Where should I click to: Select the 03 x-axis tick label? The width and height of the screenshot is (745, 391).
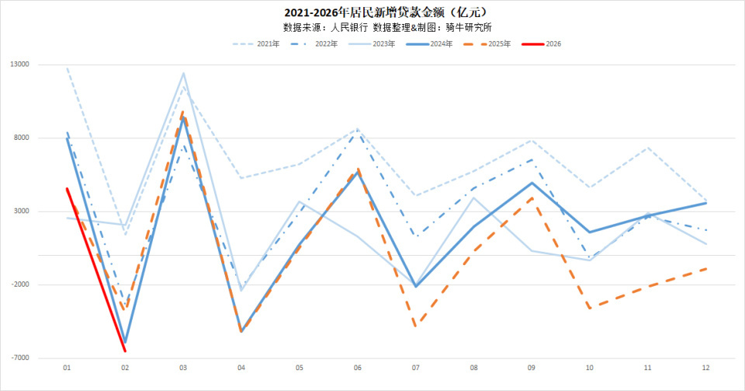[183, 367]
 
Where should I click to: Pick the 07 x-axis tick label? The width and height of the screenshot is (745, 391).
[415, 367]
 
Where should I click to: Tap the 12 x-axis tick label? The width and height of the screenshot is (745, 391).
[705, 367]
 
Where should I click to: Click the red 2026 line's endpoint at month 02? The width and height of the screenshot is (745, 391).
[125, 351]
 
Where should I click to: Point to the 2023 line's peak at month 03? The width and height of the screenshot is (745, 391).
[183, 73]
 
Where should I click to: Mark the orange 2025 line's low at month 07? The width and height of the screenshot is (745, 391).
[415, 326]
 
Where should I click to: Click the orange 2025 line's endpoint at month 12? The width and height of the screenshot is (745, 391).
[705, 268]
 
